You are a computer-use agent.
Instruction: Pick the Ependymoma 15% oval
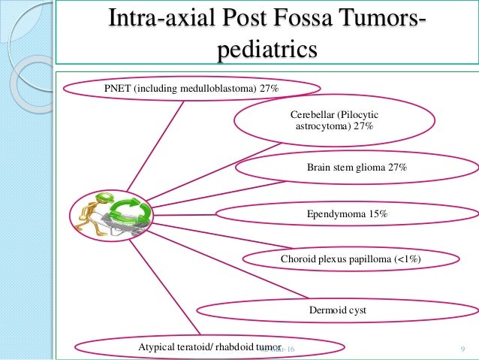click(347, 214)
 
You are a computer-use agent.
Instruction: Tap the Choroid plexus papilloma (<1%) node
click(350, 259)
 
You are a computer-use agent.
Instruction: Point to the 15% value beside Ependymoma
click(378, 214)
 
